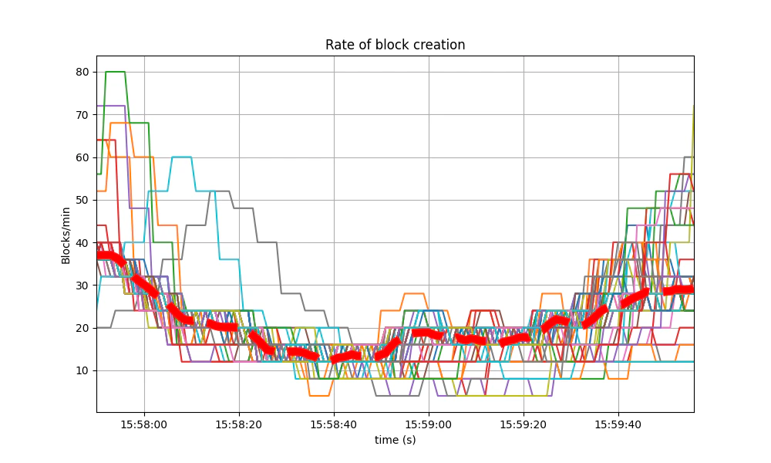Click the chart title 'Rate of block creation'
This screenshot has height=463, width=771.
click(395, 45)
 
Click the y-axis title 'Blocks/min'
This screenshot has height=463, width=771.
click(66, 234)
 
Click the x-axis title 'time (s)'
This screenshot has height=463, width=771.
click(395, 439)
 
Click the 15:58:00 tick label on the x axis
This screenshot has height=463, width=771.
click(144, 424)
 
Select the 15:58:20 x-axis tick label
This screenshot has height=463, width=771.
click(239, 424)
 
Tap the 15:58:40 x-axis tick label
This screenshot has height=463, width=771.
click(334, 424)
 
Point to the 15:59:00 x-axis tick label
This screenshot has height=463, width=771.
click(429, 424)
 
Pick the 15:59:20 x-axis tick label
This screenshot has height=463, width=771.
click(524, 424)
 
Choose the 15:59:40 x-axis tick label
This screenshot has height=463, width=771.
click(618, 424)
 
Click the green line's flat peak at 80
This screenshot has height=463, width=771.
click(115, 72)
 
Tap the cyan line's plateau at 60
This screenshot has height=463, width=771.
click(182, 157)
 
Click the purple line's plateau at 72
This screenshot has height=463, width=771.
click(112, 106)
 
